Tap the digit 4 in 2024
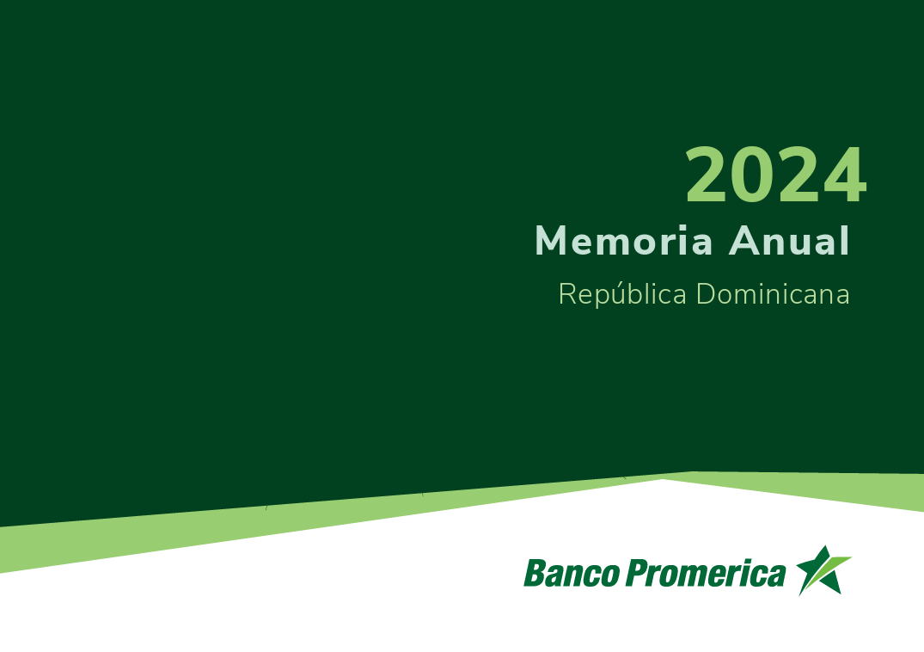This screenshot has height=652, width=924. (x=844, y=175)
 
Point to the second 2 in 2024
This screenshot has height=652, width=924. (x=799, y=175)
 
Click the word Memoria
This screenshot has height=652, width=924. (x=624, y=241)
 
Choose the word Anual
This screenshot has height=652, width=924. (x=789, y=240)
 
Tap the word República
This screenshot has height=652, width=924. (x=622, y=294)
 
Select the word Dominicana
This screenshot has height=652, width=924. (x=773, y=293)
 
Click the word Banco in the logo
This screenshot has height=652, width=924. (x=572, y=573)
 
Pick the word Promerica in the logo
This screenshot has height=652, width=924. (x=706, y=573)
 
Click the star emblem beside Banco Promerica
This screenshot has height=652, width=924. (x=823, y=570)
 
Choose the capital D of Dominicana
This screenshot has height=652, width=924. (x=707, y=293)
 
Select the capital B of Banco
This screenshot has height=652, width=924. (x=535, y=572)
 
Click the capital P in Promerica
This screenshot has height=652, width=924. (x=638, y=572)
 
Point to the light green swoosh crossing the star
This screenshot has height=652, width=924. (x=825, y=575)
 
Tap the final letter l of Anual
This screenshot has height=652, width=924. (x=846, y=240)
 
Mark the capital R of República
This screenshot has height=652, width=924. (x=567, y=293)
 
